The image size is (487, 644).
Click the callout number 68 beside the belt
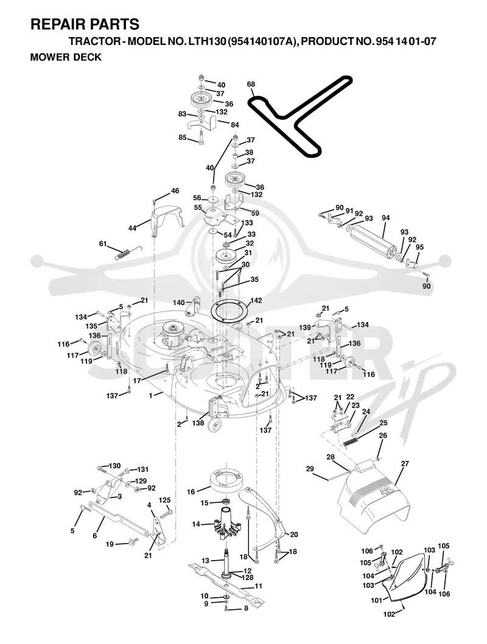point(251,84)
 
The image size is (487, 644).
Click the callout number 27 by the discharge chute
point(405,463)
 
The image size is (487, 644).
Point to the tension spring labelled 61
point(127,252)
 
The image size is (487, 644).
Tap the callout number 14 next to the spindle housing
point(196,524)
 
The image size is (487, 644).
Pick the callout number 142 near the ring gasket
point(256,300)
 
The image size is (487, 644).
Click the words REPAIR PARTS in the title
point(85,24)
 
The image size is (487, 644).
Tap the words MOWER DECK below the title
point(66,57)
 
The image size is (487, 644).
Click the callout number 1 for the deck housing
point(151,395)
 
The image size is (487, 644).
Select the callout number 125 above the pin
point(164,500)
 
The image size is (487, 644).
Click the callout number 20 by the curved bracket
point(294,535)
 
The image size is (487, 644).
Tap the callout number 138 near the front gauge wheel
point(198,423)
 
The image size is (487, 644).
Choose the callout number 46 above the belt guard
point(175,190)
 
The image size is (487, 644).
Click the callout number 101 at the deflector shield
point(377,600)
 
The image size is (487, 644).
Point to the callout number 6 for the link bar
point(94,536)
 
